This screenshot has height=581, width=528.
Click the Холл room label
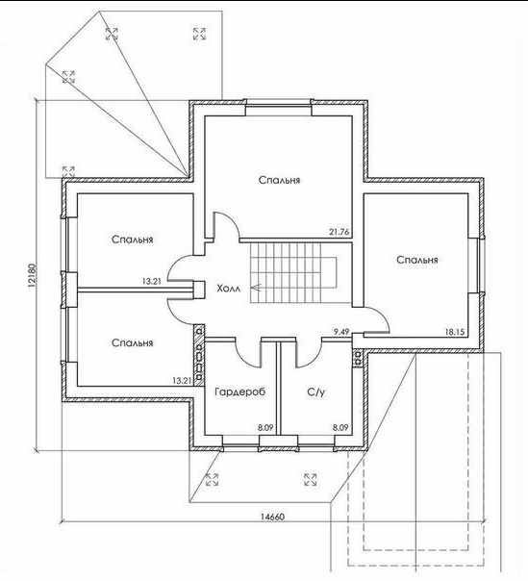coord(228,288)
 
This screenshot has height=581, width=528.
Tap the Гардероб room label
coord(240,392)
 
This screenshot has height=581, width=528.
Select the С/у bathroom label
coord(316,392)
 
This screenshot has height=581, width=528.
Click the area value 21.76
coord(339,233)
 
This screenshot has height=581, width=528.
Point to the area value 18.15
coord(454,332)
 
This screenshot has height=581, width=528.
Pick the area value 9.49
coord(341,332)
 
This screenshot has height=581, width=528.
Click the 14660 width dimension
coord(272,517)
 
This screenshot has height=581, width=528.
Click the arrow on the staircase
coord(256,288)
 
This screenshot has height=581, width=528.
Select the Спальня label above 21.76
coord(279,181)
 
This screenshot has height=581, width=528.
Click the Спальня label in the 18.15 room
coord(416,260)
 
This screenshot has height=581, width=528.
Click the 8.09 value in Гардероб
coord(265,428)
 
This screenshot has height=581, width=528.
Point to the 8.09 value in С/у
coord(340,428)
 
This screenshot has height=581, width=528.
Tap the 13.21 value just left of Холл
coord(152,281)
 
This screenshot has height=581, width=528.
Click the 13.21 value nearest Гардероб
coord(182,381)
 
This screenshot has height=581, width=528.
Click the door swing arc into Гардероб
coord(245,361)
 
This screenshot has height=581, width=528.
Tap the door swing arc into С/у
coord(314,361)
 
